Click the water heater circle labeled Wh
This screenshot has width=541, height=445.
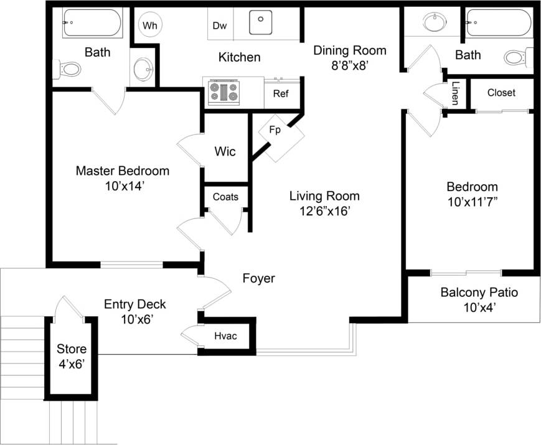point(149,25)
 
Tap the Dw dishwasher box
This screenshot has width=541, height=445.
point(219,25)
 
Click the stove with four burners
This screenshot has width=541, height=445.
point(223,92)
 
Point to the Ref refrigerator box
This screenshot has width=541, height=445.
point(280,95)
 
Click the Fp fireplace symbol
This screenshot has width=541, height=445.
point(275,131)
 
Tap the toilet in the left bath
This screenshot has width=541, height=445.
point(69,68)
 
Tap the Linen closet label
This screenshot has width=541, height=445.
point(456,93)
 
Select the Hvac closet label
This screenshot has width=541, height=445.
point(226,337)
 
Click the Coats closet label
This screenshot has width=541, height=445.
point(225,197)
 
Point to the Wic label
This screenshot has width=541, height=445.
point(225,151)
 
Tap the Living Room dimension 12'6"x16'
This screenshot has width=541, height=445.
point(324,211)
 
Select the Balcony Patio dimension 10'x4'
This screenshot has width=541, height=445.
point(479,307)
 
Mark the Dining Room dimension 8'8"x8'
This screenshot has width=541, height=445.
point(349,65)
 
